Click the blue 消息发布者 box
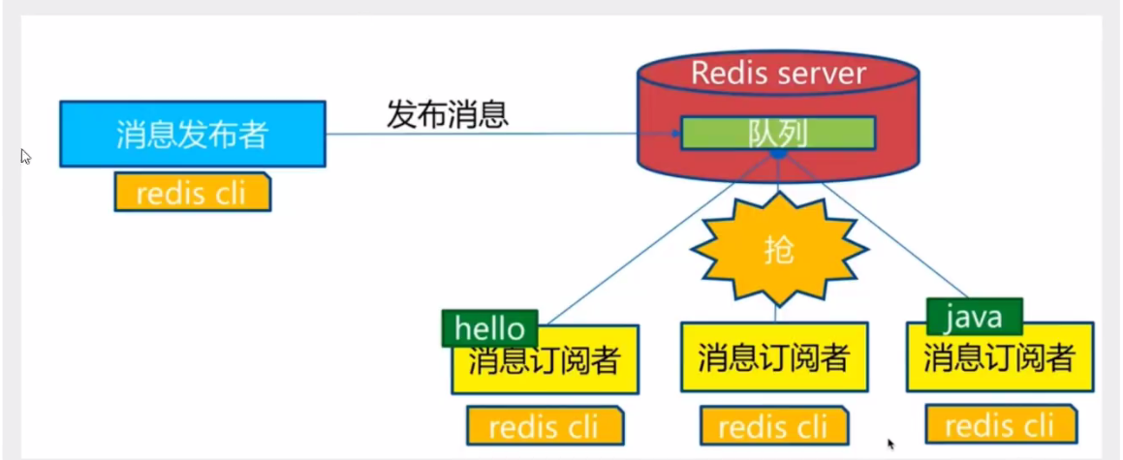(192, 134)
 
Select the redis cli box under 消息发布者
(192, 193)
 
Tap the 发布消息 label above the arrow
(448, 114)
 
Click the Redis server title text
(778, 73)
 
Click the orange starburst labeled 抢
(778, 250)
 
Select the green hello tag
(489, 327)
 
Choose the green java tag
(973, 316)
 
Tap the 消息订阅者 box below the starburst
(773, 357)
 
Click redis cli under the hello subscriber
(544, 425)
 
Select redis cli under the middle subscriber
(773, 425)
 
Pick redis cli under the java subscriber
(1000, 424)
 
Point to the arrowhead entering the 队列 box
(674, 134)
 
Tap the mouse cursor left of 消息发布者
(25, 156)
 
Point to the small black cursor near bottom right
(891, 445)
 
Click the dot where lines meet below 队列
(778, 154)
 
